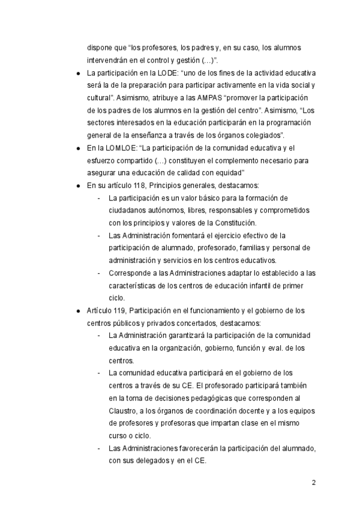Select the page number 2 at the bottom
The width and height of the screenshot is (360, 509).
[x=314, y=483]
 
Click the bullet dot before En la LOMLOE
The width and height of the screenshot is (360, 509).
[x=79, y=148]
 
